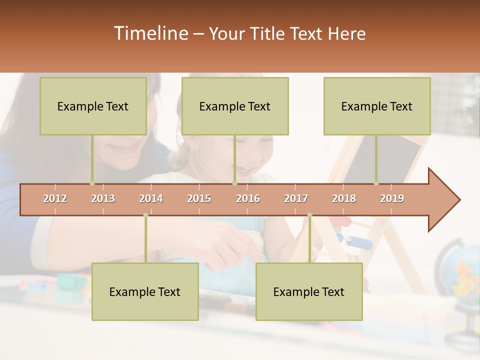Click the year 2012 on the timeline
55,198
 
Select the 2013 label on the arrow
103,198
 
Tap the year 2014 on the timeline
151,198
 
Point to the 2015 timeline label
199,198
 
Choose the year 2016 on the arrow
248,198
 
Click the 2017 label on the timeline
296,198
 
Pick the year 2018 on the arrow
344,198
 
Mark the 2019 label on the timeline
392,198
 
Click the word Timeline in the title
150,33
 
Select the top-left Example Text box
93,106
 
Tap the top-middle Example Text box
235,106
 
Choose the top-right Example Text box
377,106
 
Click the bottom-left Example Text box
145,291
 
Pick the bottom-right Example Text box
309,291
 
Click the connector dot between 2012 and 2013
92,183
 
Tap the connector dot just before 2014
145,215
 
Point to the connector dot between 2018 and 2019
376,183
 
